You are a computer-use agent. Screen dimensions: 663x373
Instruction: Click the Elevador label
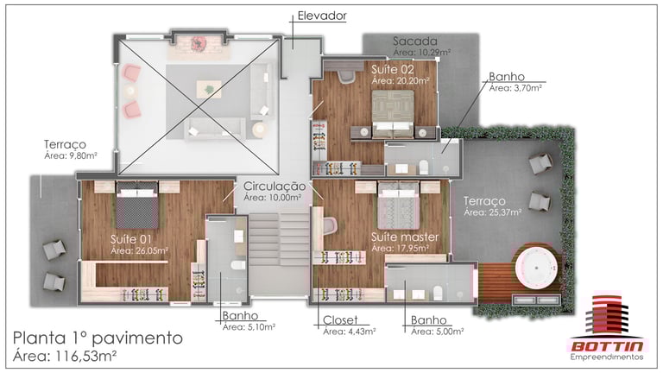(322, 16)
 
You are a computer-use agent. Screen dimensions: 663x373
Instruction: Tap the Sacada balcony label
(414, 41)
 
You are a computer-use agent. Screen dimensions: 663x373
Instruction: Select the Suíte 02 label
(393, 69)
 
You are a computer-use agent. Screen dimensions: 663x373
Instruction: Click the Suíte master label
(405, 237)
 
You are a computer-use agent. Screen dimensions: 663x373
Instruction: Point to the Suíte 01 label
(130, 239)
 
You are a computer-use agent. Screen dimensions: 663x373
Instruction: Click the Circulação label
(274, 186)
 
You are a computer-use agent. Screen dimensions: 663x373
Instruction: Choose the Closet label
(340, 320)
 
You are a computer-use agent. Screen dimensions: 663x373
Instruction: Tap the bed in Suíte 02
(393, 114)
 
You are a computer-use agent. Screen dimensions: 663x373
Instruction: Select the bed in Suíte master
(398, 205)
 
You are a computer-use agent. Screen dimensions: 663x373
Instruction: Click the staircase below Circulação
(279, 239)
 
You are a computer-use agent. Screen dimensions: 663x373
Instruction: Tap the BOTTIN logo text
(607, 346)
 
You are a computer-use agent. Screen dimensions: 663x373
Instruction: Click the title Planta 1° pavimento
(98, 338)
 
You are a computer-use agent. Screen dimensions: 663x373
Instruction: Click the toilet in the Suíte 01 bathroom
(238, 265)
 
